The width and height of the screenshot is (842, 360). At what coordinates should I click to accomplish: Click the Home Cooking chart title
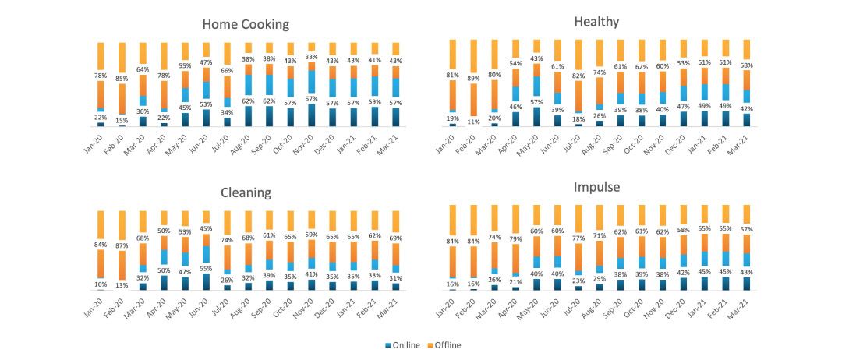[x=245, y=24]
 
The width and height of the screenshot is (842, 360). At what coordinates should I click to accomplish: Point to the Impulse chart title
[x=597, y=189]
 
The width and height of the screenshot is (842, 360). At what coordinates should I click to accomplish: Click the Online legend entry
[x=403, y=344]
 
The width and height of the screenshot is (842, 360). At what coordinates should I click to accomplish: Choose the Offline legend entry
[x=445, y=344]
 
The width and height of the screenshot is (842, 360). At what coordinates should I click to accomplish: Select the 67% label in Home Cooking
[x=311, y=98]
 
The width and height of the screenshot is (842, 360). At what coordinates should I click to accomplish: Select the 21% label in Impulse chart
[x=515, y=282]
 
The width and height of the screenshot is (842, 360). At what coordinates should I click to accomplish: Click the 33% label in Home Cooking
[x=311, y=56]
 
